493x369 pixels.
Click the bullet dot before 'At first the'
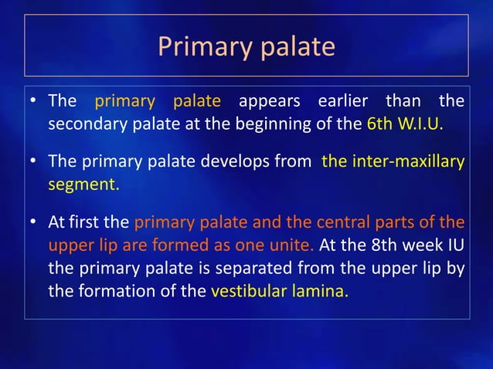click(34, 222)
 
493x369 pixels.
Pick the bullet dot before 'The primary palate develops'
click(34, 161)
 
